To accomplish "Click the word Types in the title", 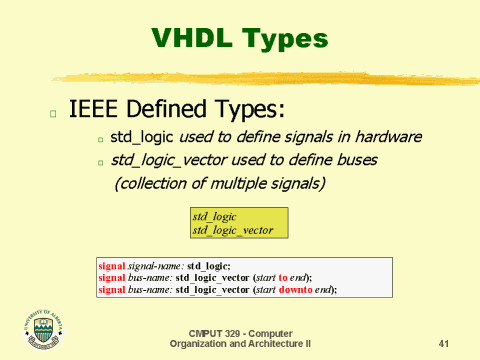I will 285,39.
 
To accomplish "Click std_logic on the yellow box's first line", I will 214,217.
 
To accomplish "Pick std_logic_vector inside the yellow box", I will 232,230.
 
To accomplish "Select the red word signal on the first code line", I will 113,265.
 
